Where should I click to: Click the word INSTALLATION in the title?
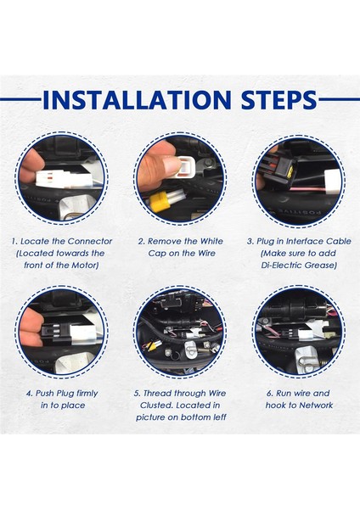click(x=137, y=99)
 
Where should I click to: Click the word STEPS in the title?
click(x=278, y=99)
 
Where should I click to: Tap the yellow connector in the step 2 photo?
click(x=160, y=202)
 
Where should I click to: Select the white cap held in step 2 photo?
click(x=184, y=166)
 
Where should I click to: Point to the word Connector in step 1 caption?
click(x=90, y=242)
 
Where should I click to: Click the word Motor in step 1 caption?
click(x=84, y=266)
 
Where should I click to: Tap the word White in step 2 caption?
click(x=211, y=242)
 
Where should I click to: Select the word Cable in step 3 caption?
click(x=339, y=242)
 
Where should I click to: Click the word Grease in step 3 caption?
click(x=321, y=266)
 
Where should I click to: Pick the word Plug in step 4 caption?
click(x=65, y=394)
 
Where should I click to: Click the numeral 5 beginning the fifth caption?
click(x=137, y=394)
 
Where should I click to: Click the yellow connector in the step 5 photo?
click(x=150, y=347)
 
